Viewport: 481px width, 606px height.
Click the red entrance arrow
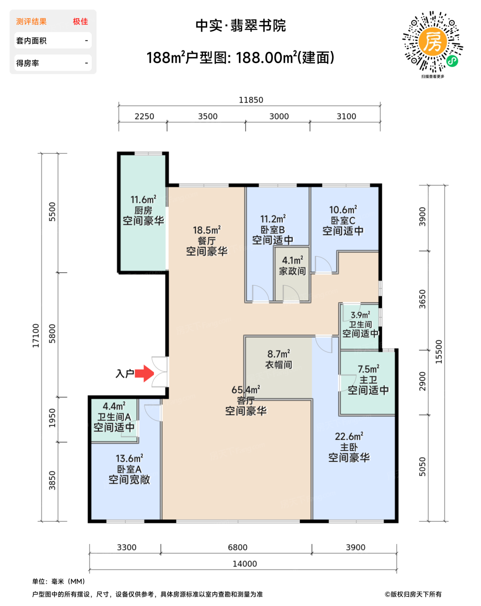tap(144, 374)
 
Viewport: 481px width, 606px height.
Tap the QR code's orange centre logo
tap(433, 42)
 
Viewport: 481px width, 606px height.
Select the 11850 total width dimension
tap(251, 100)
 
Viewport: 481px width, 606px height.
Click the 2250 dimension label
tap(144, 116)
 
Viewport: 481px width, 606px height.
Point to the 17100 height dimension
tap(36, 335)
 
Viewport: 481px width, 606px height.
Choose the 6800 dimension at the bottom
tap(237, 548)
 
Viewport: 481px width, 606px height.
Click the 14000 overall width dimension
tap(244, 564)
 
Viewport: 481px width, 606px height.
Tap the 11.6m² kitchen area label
tap(143, 200)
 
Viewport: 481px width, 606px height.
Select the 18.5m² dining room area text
tap(207, 230)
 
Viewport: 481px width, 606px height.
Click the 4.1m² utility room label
tap(292, 260)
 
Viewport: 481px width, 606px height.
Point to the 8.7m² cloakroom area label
tap(279, 354)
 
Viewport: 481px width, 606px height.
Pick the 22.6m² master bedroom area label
tap(349, 436)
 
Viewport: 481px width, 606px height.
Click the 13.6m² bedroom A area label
tap(129, 458)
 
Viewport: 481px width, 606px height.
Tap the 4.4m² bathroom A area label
tap(114, 406)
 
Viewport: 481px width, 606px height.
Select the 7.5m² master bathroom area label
tap(369, 369)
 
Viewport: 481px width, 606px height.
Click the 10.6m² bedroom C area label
tap(343, 210)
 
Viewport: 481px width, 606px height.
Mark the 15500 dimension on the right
tap(439, 352)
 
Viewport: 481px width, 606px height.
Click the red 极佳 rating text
tap(80, 21)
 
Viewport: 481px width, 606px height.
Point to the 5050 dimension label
tap(422, 467)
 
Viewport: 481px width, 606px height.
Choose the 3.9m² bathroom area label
tap(361, 315)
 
